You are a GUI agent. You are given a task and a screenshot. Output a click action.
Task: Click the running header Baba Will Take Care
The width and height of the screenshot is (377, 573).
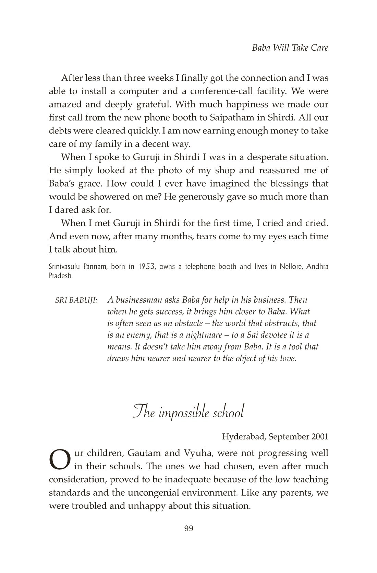290,48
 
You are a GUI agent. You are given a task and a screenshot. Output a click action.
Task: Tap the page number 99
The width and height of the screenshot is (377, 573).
188,529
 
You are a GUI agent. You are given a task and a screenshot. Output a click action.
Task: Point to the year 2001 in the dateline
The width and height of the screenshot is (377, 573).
320,436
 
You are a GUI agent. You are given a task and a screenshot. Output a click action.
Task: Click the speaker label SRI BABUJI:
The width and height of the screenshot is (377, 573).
76,300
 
